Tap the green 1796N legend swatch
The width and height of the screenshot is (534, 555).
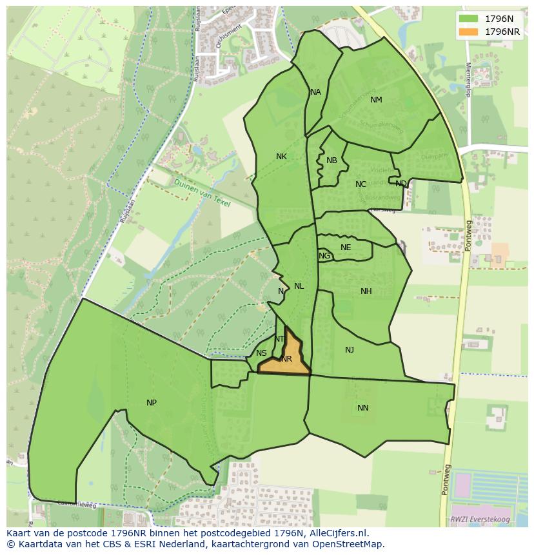pyautogui.click(x=469, y=18)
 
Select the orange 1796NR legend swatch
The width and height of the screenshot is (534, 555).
pyautogui.click(x=469, y=32)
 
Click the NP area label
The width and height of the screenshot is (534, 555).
pyautogui.click(x=152, y=403)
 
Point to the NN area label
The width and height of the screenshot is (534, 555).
pyautogui.click(x=363, y=408)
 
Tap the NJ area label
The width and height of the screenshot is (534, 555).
pyautogui.click(x=350, y=350)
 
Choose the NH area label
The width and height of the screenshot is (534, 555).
pyautogui.click(x=366, y=291)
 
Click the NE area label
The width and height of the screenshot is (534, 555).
pyautogui.click(x=346, y=248)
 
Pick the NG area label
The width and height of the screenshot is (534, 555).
pyautogui.click(x=324, y=256)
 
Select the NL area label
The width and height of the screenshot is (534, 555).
pyautogui.click(x=299, y=286)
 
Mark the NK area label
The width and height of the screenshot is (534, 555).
pyautogui.click(x=281, y=157)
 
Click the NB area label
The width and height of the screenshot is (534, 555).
pyautogui.click(x=331, y=161)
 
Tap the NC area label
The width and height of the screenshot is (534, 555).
pyautogui.click(x=361, y=184)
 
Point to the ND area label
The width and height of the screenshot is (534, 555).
pyautogui.click(x=401, y=184)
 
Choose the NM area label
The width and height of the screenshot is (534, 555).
pyautogui.click(x=376, y=100)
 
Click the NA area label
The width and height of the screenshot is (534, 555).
pyautogui.click(x=315, y=92)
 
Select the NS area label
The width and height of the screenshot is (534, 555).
pyautogui.click(x=261, y=353)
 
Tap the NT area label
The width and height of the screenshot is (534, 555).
pyautogui.click(x=279, y=339)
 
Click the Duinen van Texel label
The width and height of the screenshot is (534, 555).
pyautogui.click(x=201, y=192)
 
